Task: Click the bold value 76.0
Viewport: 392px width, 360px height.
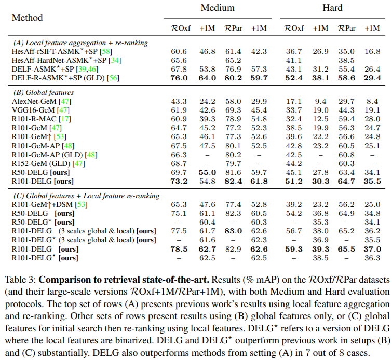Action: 179,78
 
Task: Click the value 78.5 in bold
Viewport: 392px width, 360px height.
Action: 179,249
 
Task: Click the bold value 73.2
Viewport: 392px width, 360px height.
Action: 179,181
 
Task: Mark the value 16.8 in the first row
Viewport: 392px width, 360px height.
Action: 372,52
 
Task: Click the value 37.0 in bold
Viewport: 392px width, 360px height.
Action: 372,249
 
